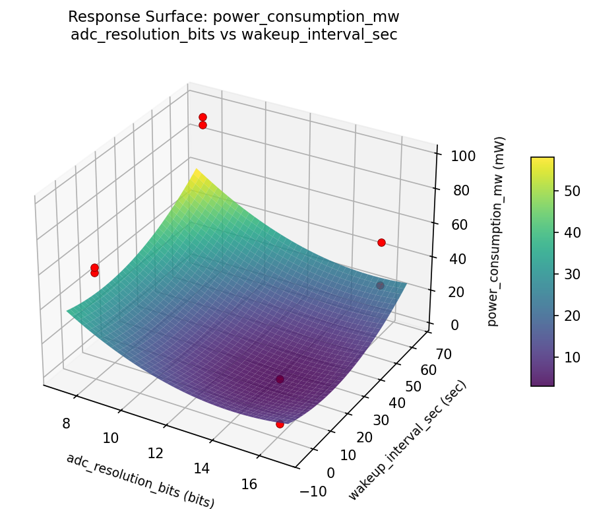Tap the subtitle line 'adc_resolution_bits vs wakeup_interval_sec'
pyautogui.click(x=233, y=35)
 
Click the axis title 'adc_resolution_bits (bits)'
pyautogui.click(x=140, y=481)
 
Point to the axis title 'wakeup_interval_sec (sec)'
pyautogui.click(x=407, y=440)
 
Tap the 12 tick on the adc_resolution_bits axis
pyautogui.click(x=155, y=453)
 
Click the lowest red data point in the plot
pyautogui.click(x=280, y=424)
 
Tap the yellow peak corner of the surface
pyautogui.click(x=195, y=170)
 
